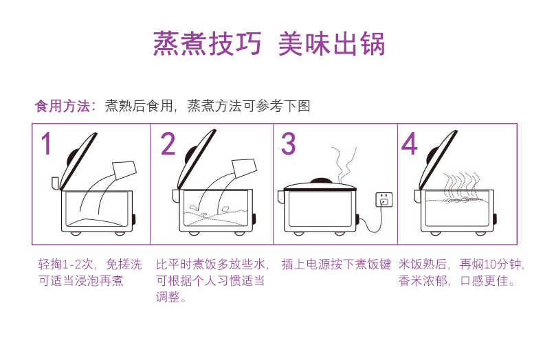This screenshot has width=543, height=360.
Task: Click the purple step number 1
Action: [x=47, y=144]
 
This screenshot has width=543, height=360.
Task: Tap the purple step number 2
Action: [x=168, y=144]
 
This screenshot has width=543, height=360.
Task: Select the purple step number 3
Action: [x=289, y=144]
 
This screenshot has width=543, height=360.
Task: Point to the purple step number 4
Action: [x=410, y=144]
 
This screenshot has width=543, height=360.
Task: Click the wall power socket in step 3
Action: [x=384, y=200]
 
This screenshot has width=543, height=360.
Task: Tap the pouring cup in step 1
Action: [x=124, y=170]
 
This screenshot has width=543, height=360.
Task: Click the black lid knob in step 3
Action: [x=321, y=181]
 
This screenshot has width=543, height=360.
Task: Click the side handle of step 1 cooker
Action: [x=56, y=183]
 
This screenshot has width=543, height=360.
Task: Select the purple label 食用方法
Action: [x=63, y=106]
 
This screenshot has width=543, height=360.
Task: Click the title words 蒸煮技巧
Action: [x=207, y=44]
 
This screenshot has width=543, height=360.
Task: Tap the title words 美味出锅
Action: [x=332, y=44]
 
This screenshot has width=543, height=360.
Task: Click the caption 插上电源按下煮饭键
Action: [x=336, y=265]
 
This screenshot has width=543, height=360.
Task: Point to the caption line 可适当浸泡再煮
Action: [x=80, y=281]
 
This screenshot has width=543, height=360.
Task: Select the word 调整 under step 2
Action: [x=168, y=297]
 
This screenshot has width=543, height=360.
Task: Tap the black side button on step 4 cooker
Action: [x=495, y=219]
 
